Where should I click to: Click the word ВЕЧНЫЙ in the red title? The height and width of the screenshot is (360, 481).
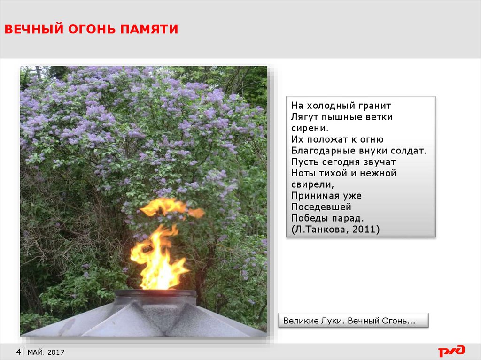click(x=34, y=29)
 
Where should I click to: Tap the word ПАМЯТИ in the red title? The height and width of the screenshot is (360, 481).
click(x=149, y=29)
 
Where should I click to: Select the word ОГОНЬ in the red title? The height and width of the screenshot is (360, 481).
click(x=92, y=29)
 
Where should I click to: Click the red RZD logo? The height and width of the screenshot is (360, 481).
click(x=451, y=351)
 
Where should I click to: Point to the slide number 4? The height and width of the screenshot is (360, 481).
click(x=18, y=352)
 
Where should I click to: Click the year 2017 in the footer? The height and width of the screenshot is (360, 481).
click(x=56, y=352)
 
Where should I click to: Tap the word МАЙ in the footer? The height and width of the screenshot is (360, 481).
click(x=35, y=352)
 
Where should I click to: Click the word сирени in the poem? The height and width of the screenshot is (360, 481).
click(x=308, y=128)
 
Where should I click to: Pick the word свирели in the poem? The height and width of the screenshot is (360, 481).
click(x=311, y=184)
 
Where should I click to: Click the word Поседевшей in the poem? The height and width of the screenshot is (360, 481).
click(x=321, y=207)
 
